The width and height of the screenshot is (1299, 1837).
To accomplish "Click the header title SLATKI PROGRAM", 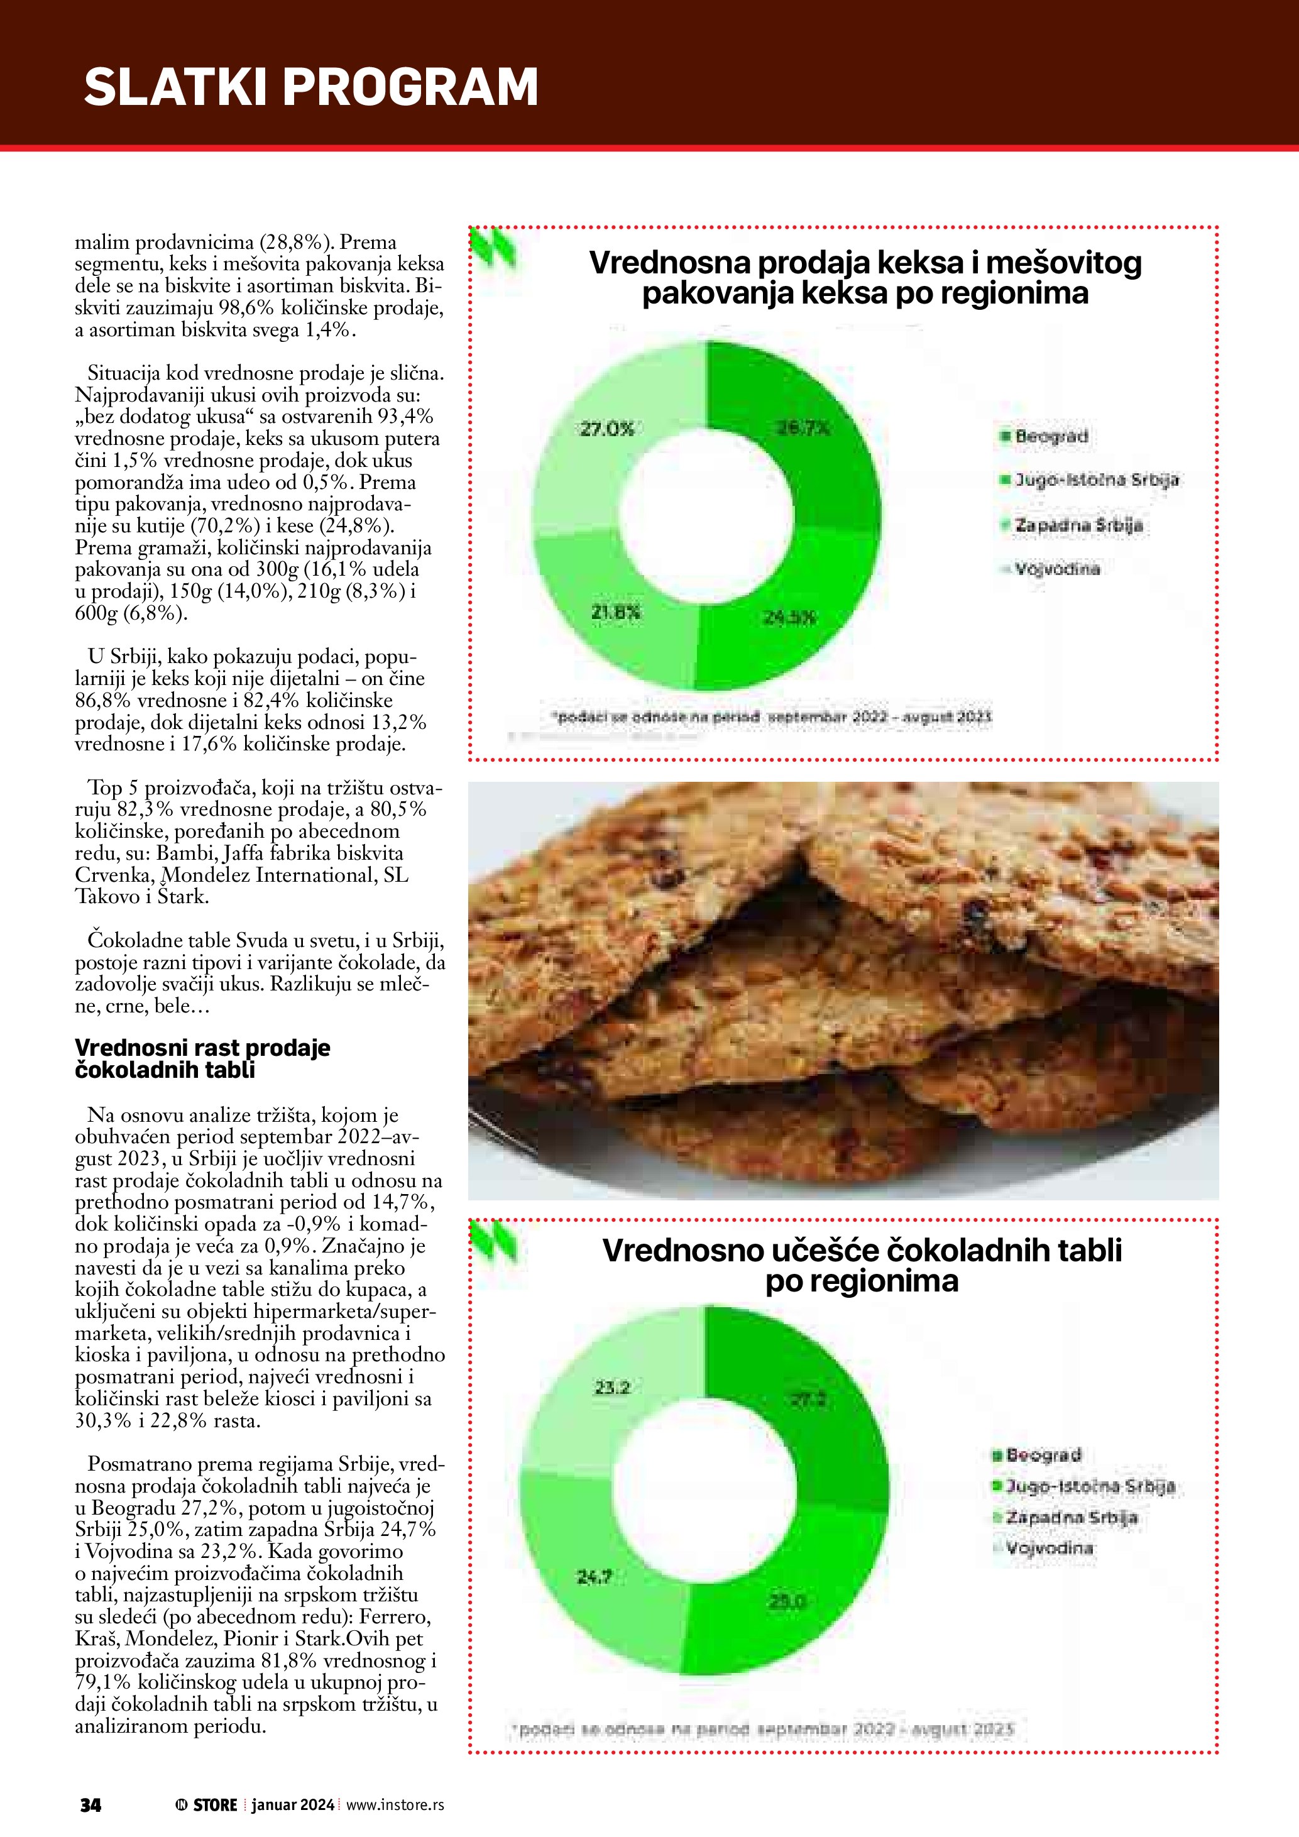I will [x=310, y=87].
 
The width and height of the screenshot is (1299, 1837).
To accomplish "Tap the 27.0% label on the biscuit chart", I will [x=606, y=430].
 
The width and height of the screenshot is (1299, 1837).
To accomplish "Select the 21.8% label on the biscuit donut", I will [x=616, y=613].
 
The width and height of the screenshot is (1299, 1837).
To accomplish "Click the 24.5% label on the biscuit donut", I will [x=789, y=618].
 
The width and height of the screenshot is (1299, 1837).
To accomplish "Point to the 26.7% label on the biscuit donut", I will [x=803, y=429].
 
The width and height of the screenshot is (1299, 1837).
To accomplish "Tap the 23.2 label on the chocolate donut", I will [x=612, y=1388].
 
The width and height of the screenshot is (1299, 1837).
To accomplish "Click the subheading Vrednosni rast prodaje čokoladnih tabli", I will [x=202, y=1058].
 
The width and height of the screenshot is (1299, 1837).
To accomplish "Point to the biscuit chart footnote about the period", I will [x=771, y=717].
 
